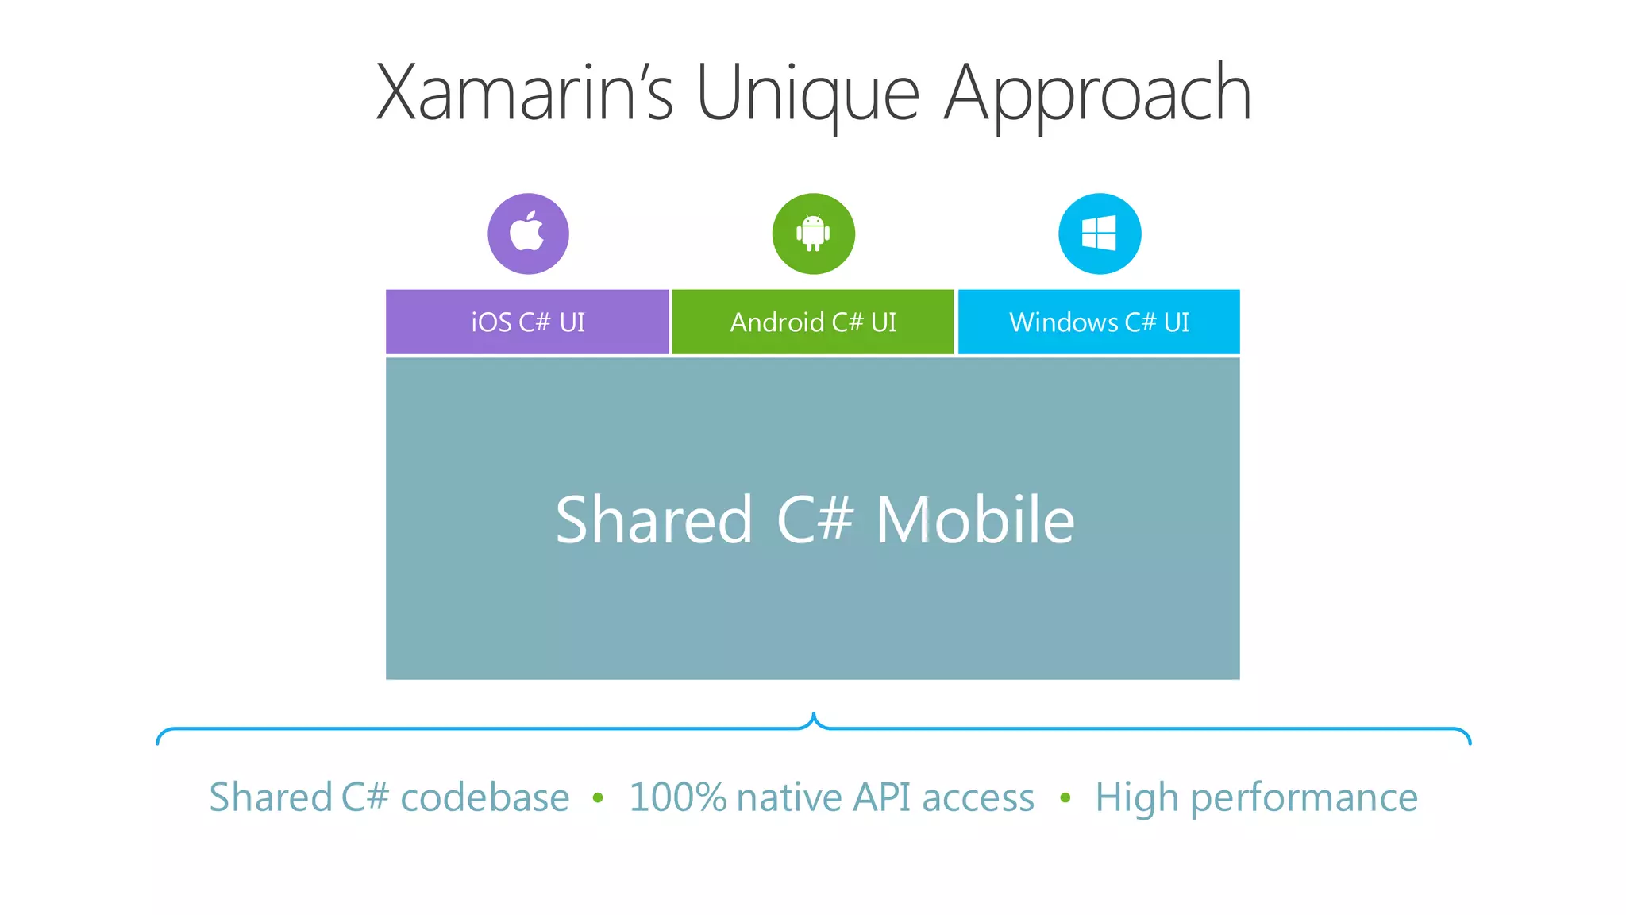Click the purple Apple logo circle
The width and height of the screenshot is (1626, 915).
pyautogui.click(x=528, y=234)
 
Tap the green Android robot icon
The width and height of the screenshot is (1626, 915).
pyautogui.click(x=813, y=234)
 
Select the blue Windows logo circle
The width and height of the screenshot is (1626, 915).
pyautogui.click(x=1100, y=234)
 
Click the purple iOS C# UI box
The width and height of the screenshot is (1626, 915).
pyautogui.click(x=527, y=322)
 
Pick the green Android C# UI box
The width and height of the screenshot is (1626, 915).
pyautogui.click(x=813, y=322)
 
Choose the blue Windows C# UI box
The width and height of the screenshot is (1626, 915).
pyautogui.click(x=1099, y=322)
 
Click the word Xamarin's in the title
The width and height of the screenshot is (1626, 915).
pyautogui.click(x=524, y=93)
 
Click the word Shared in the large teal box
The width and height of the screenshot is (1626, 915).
pyautogui.click(x=653, y=519)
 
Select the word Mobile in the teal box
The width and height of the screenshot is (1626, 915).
pyautogui.click(x=975, y=519)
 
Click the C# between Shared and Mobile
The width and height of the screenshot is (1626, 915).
pyautogui.click(x=815, y=519)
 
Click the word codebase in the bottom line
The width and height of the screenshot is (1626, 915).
pyautogui.click(x=484, y=797)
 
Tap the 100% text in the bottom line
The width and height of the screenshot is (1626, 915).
pyautogui.click(x=677, y=797)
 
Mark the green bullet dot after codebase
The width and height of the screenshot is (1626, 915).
pyautogui.click(x=598, y=797)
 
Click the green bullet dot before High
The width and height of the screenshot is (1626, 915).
pyautogui.click(x=1065, y=797)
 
